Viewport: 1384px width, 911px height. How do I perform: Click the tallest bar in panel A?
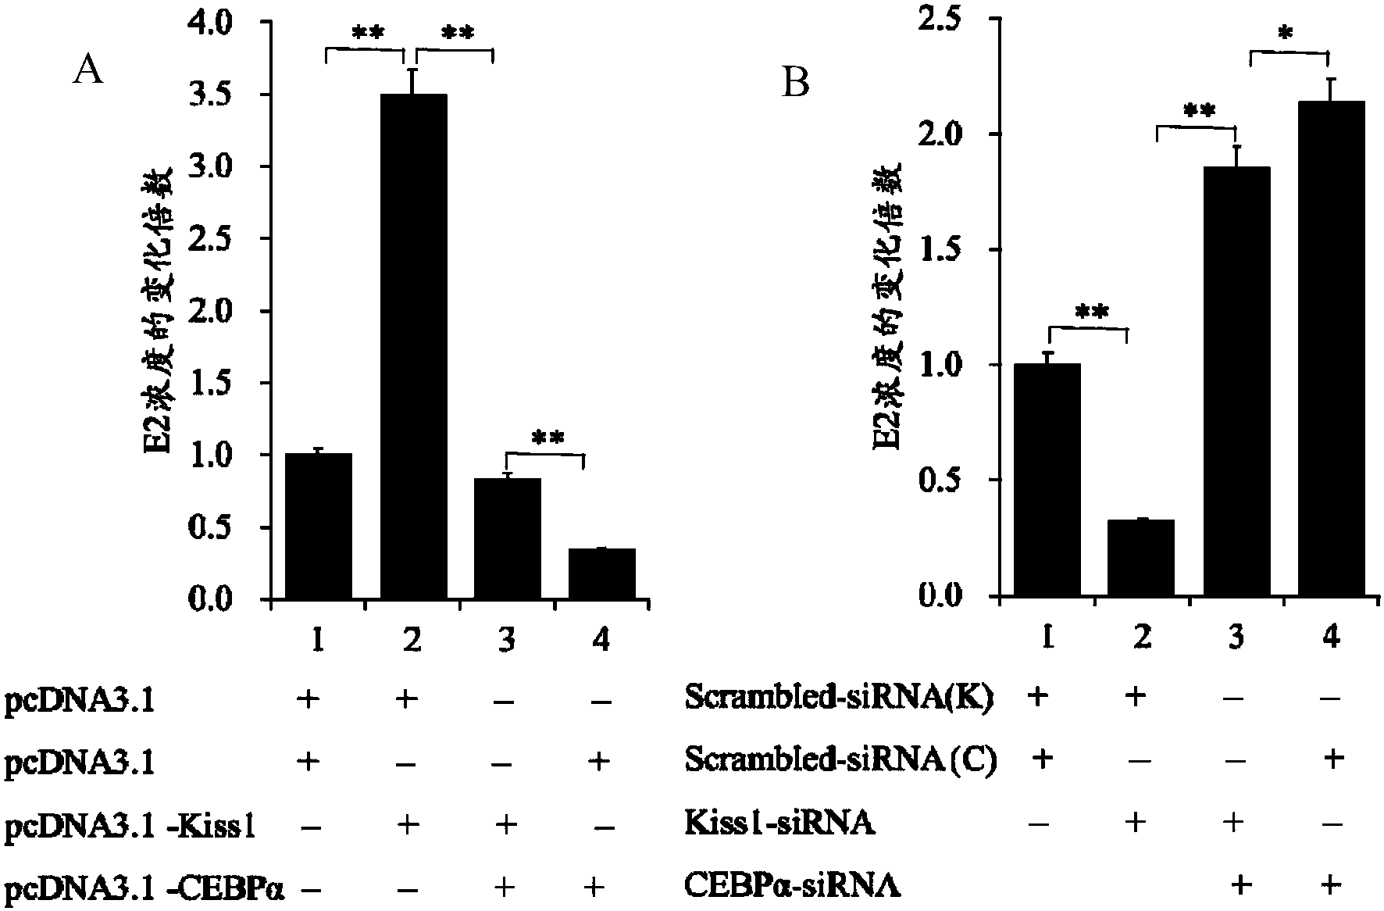[413, 345]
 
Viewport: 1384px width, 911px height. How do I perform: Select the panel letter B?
[795, 83]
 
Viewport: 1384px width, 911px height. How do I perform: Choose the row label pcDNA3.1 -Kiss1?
[130, 827]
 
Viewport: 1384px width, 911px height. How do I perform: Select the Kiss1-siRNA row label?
[779, 823]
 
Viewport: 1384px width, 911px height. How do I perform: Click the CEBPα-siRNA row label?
[792, 886]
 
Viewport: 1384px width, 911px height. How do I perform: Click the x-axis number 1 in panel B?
[1047, 638]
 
